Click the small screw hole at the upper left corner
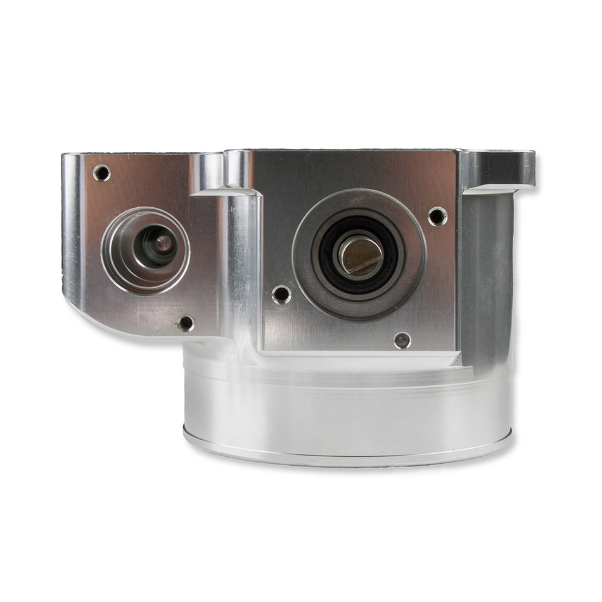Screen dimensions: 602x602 coord(101,172)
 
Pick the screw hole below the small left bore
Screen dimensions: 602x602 coord(186,324)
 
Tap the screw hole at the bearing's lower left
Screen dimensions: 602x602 coord(281,294)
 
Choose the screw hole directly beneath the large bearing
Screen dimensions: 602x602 coord(402,340)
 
